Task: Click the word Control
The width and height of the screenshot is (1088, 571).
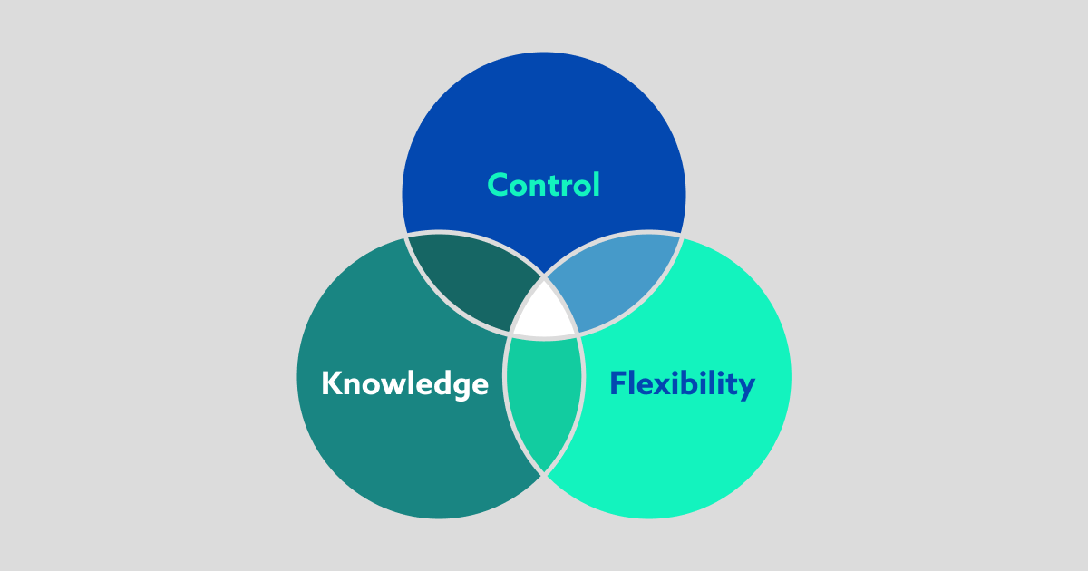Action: [x=544, y=185]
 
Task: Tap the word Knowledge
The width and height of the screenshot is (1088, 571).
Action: [x=404, y=383]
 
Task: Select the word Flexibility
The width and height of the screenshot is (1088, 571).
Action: [x=682, y=383]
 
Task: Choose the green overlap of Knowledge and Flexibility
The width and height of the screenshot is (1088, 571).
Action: [x=544, y=399]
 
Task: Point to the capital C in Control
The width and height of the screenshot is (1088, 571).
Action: [x=498, y=185]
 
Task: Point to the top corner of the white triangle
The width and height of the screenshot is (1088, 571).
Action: [x=544, y=277]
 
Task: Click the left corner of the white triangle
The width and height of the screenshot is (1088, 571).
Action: [x=511, y=334]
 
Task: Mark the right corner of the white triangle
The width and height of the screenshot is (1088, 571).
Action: [x=577, y=334]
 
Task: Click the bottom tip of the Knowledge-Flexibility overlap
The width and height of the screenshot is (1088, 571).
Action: [x=544, y=473]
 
